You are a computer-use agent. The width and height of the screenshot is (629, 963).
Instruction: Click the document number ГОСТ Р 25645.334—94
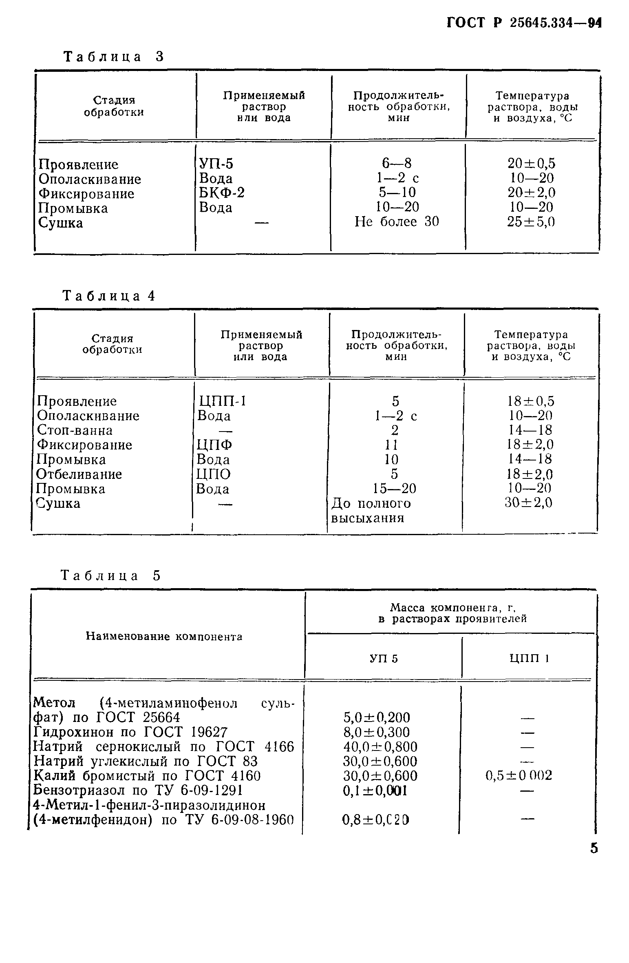(524, 23)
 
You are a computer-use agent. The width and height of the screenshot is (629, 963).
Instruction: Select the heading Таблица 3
(114, 57)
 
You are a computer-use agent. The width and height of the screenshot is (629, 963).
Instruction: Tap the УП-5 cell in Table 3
(216, 164)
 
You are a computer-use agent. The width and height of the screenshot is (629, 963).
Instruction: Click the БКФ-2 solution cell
(222, 193)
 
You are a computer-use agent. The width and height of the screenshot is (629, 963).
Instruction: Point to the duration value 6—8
(397, 164)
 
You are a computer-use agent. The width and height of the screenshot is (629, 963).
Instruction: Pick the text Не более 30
(397, 222)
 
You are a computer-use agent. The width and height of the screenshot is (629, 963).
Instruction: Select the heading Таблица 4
(109, 296)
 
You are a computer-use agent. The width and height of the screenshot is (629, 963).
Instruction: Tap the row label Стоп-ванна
(75, 430)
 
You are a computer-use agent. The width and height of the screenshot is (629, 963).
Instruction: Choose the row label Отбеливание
(79, 474)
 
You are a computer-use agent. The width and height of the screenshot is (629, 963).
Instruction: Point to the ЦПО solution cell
(214, 474)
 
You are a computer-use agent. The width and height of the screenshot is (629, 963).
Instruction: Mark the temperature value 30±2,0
(529, 503)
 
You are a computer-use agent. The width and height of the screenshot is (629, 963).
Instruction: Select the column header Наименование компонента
(164, 637)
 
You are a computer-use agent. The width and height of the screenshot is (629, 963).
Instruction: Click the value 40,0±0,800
(381, 747)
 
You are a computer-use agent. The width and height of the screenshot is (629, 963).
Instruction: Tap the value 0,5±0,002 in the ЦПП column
(519, 776)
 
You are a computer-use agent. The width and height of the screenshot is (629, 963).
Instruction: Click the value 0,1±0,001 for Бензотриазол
(375, 790)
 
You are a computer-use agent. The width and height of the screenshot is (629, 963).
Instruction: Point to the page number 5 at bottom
(594, 848)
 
